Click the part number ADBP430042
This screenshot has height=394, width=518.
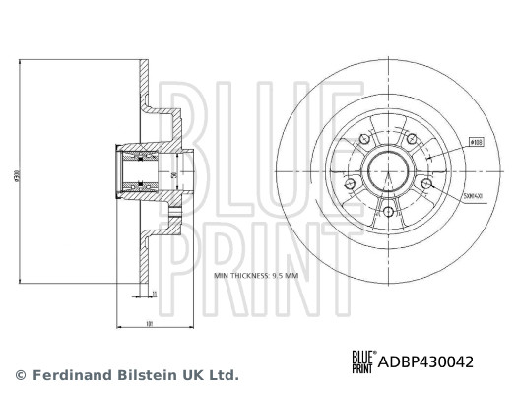tap(427, 362)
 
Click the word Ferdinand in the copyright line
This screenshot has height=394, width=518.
tap(72, 375)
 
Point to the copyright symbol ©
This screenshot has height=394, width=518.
tap(20, 375)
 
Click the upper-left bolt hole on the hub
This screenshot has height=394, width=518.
tap(367, 141)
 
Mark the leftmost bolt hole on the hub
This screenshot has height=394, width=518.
tap(353, 183)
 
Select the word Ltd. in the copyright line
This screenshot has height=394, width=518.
tap(223, 375)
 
